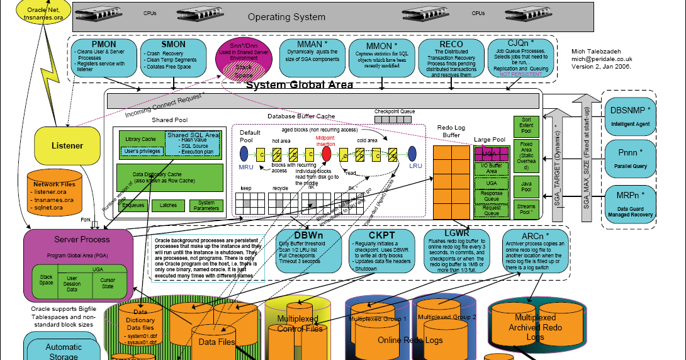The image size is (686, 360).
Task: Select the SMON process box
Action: pyautogui.click(x=173, y=57)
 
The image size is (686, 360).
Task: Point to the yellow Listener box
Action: pyautogui.click(x=67, y=146)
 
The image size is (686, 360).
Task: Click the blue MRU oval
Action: pyautogui.click(x=245, y=154)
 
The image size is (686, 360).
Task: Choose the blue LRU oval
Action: pyautogui.click(x=413, y=154)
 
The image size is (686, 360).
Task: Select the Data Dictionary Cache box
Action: pyautogui.click(x=169, y=177)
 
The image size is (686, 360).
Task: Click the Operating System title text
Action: pyautogui.click(x=286, y=17)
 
